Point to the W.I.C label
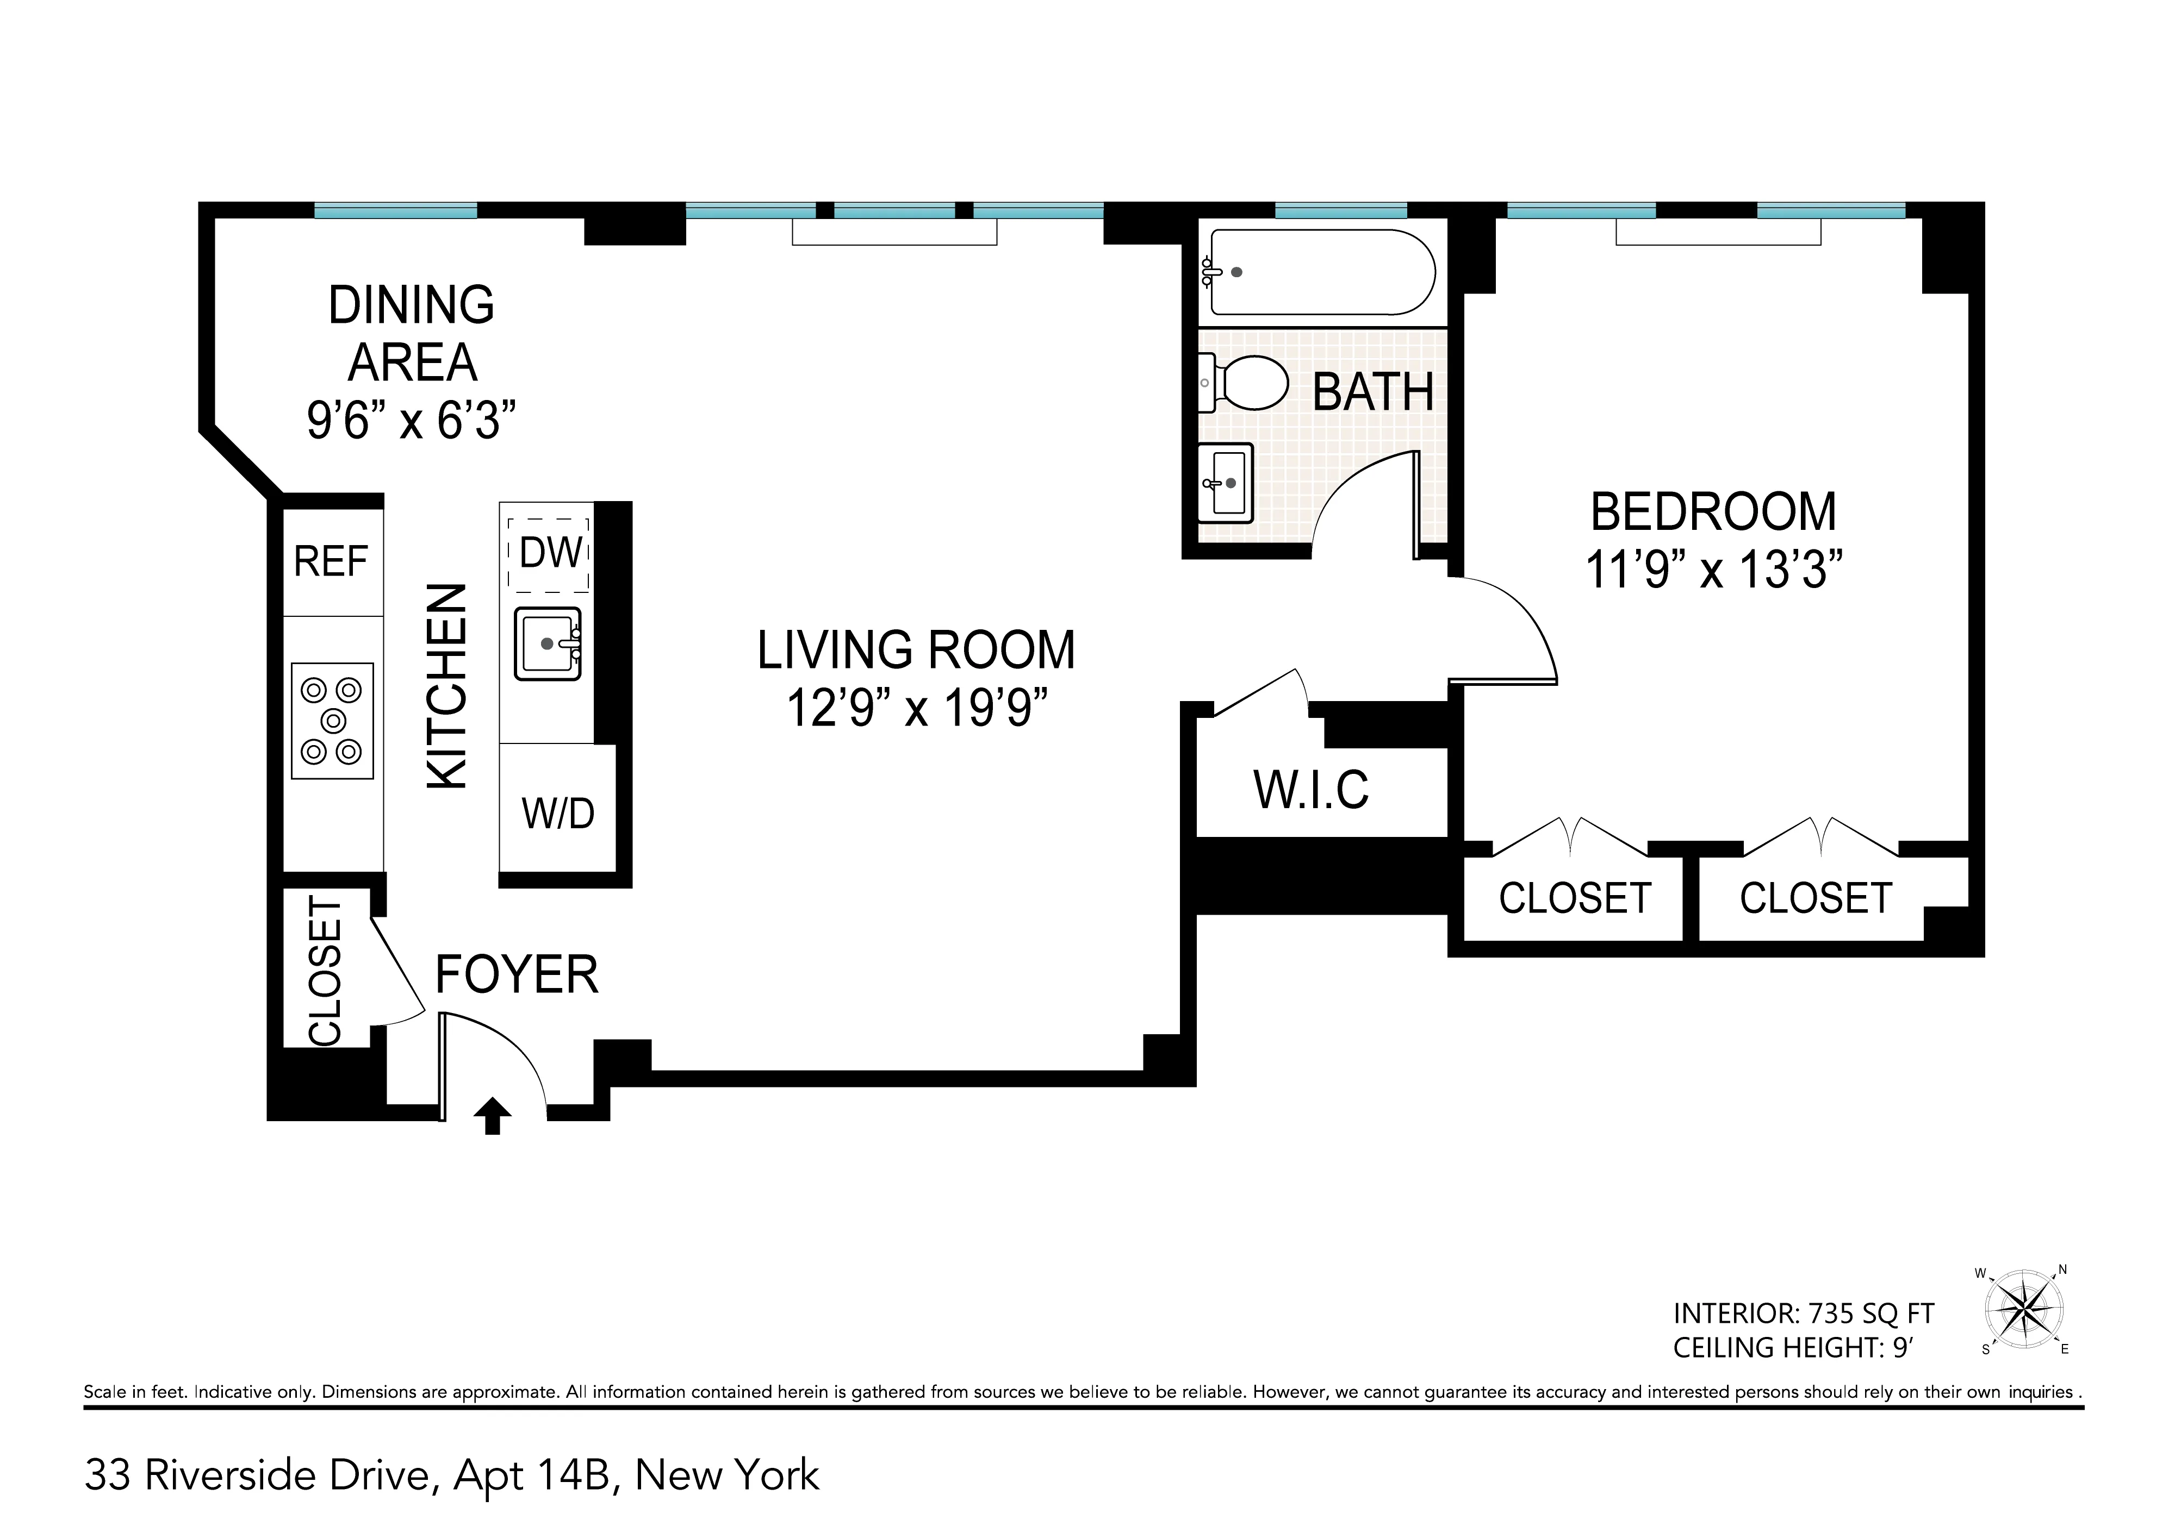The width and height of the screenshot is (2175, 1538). (x=1311, y=790)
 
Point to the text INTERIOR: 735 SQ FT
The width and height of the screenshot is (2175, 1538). (x=1803, y=1314)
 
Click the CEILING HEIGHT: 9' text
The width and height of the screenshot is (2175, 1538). (x=1793, y=1348)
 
